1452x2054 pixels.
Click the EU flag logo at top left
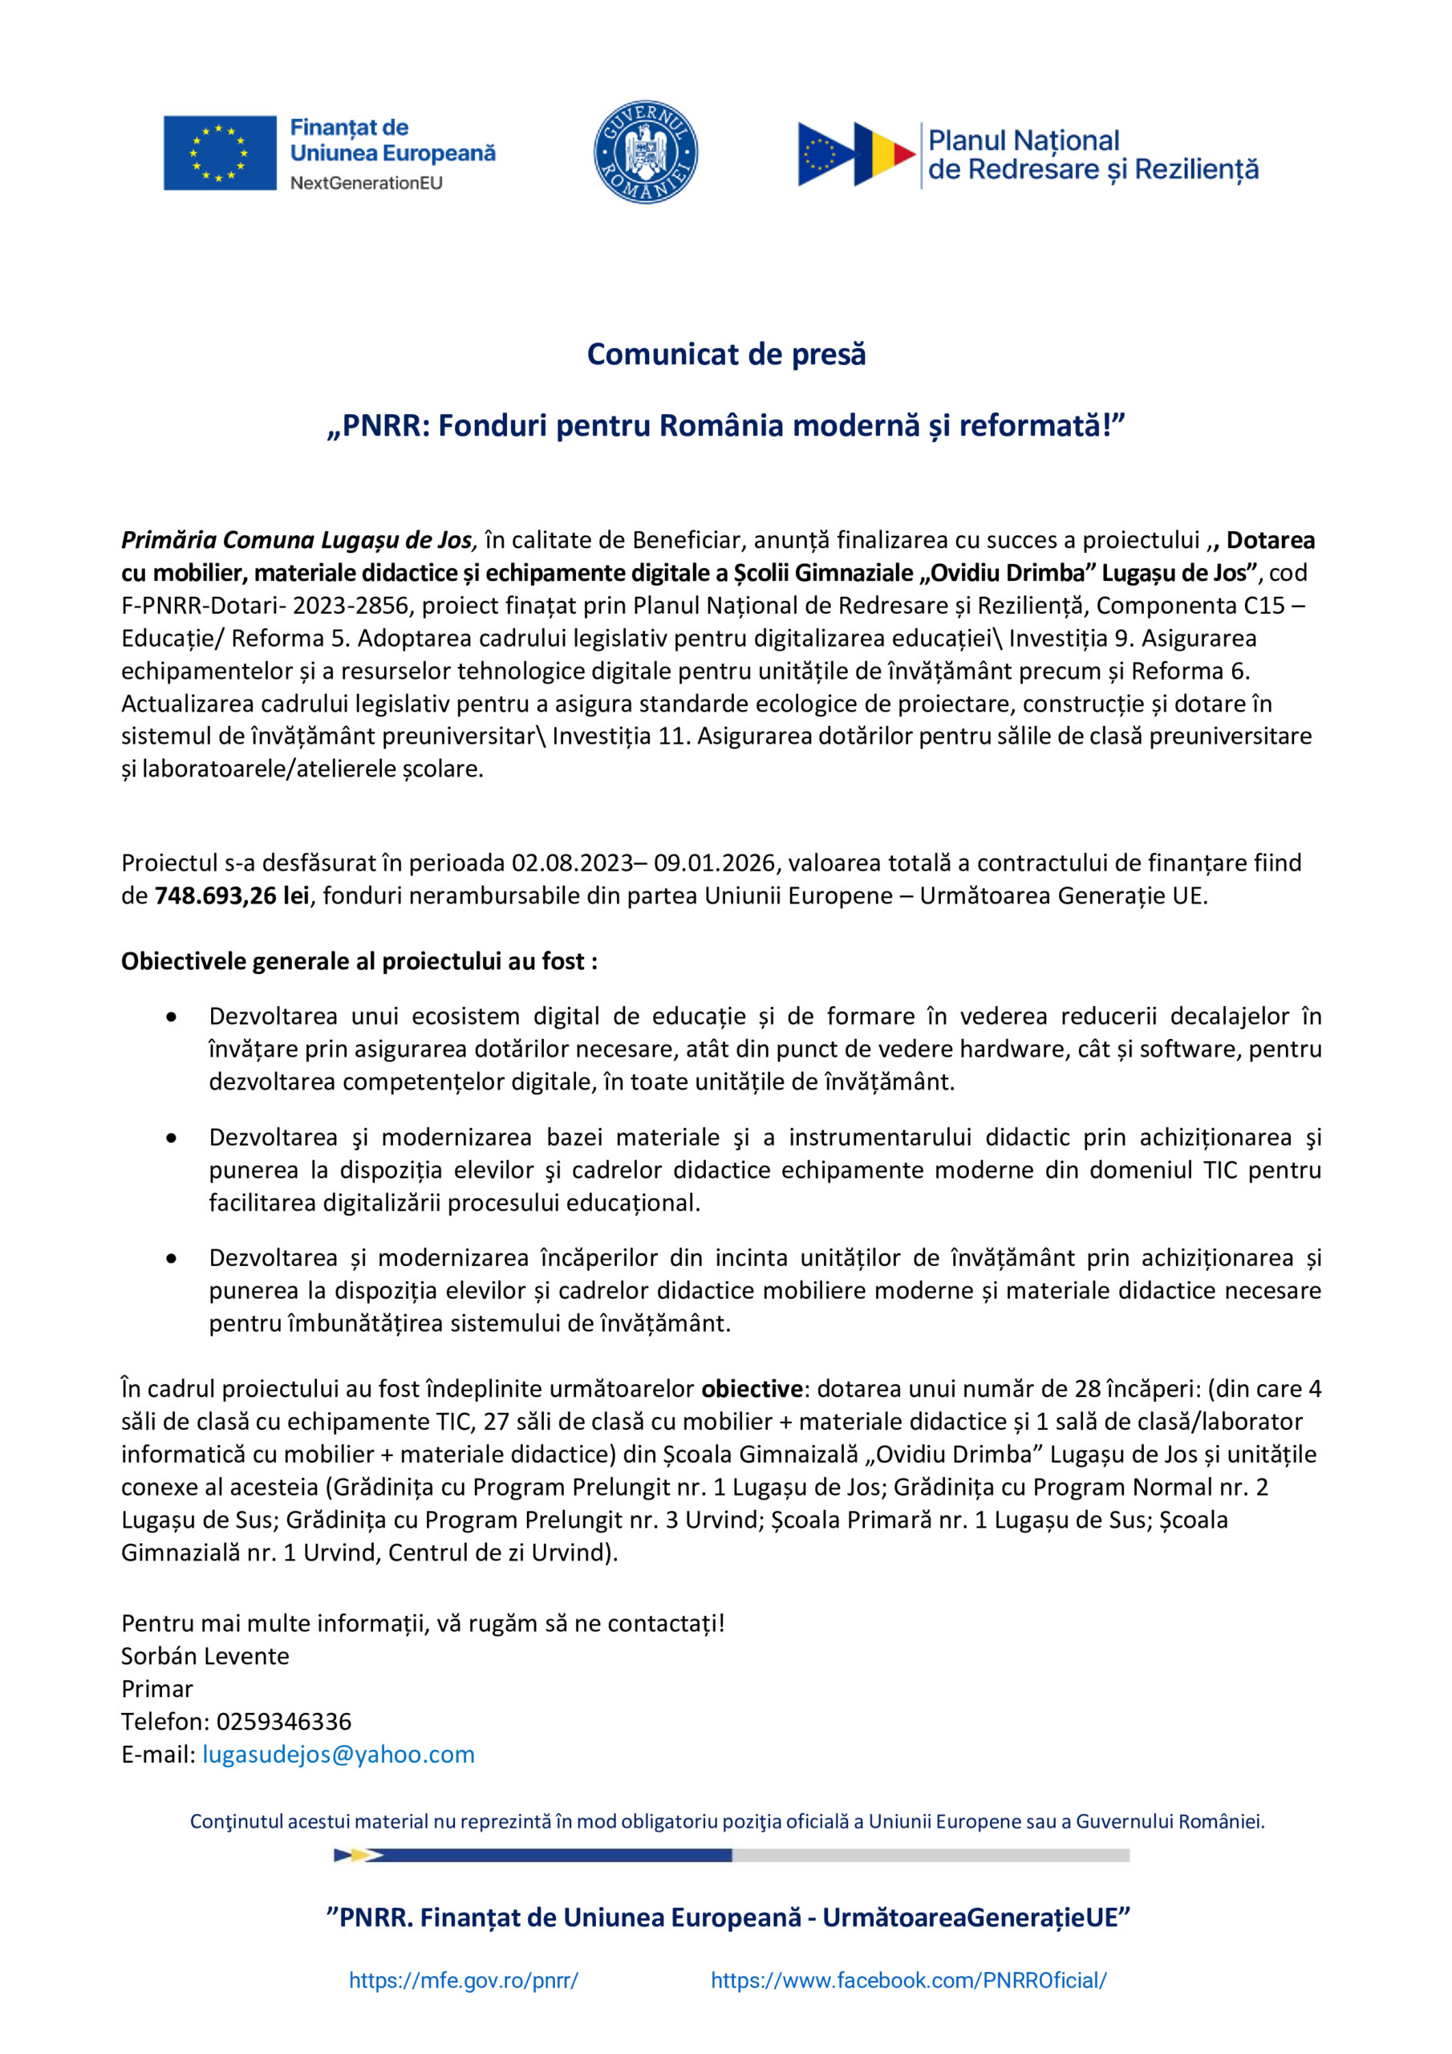pyautogui.click(x=219, y=153)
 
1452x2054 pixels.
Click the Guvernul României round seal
pyautogui.click(x=646, y=152)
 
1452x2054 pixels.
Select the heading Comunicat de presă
pyautogui.click(x=725, y=355)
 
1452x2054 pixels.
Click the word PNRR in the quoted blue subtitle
pyautogui.click(x=381, y=426)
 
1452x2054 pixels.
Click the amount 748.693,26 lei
pyautogui.click(x=232, y=895)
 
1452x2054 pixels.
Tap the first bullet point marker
pyautogui.click(x=171, y=1017)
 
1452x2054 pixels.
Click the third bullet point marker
pyautogui.click(x=171, y=1259)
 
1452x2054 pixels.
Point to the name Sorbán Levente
pyautogui.click(x=205, y=1656)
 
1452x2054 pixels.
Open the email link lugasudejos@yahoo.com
pyautogui.click(x=339, y=1754)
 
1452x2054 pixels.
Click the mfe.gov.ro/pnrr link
pyautogui.click(x=464, y=1981)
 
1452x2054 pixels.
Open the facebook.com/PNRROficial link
pyautogui.click(x=908, y=1981)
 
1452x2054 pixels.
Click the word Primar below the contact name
pyautogui.click(x=157, y=1689)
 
